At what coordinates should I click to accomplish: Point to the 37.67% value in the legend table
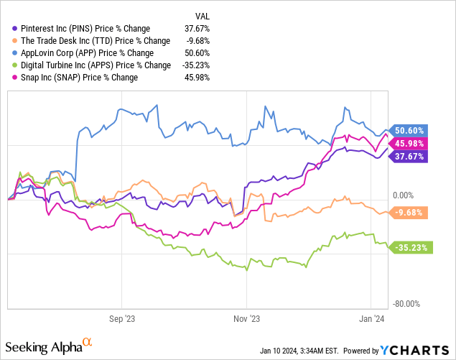click(197, 29)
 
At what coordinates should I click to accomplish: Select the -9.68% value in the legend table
click(197, 41)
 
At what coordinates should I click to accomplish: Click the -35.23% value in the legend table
click(195, 65)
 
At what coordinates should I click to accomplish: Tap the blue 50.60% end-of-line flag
click(409, 131)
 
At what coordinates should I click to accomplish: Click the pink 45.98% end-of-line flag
click(409, 144)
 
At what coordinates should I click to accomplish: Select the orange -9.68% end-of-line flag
click(409, 213)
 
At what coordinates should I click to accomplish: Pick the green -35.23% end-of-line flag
click(409, 248)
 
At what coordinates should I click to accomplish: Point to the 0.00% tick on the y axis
click(403, 195)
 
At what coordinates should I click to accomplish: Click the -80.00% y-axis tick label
click(406, 303)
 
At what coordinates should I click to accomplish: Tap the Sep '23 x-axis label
click(121, 317)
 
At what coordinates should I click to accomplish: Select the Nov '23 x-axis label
click(246, 317)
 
